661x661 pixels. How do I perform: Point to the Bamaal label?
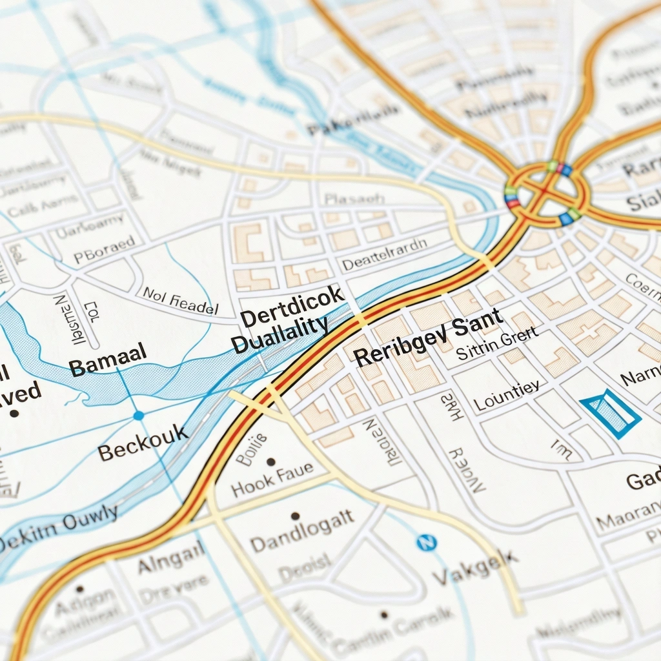click(x=107, y=361)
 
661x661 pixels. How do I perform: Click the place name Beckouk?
click(x=143, y=443)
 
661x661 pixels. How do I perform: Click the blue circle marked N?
click(x=426, y=543)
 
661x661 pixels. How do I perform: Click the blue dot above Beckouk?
click(x=138, y=416)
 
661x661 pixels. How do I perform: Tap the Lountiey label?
click(x=507, y=396)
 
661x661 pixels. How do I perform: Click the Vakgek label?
click(x=476, y=568)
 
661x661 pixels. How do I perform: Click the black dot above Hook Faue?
click(x=270, y=462)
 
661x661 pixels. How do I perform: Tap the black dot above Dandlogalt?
click(x=295, y=516)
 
